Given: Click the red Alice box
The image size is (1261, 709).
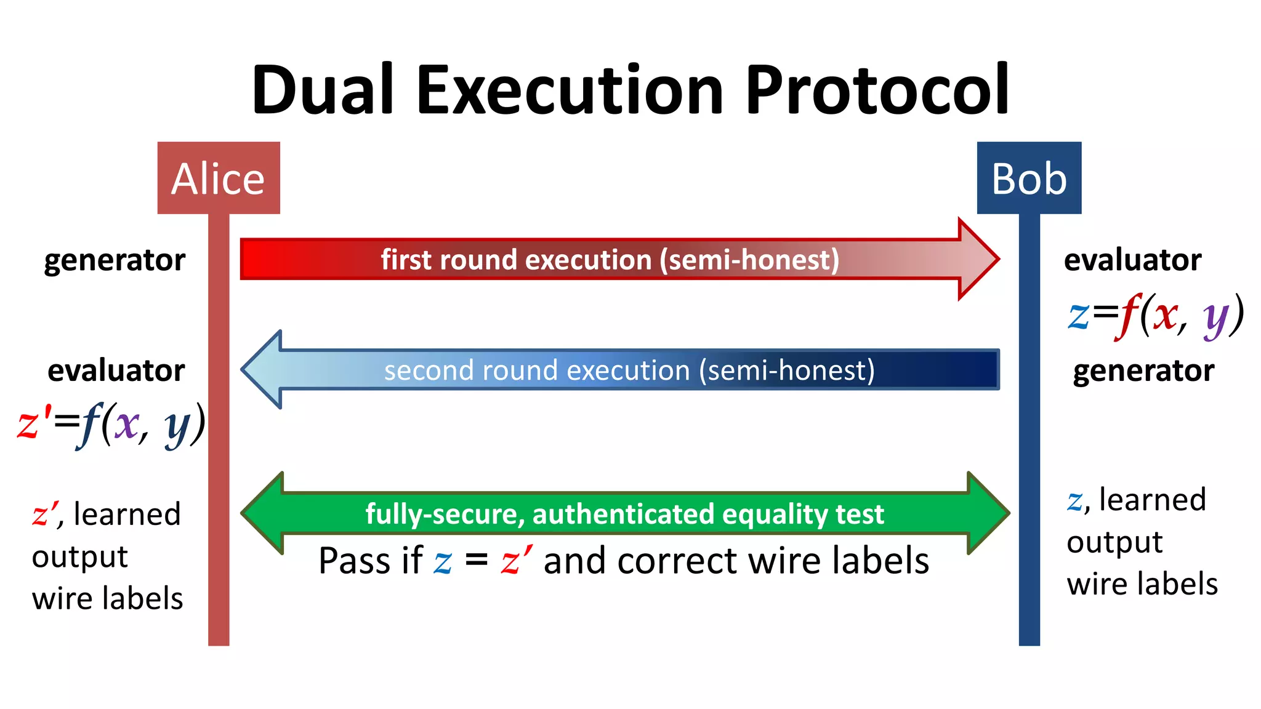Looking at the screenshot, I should pos(219,178).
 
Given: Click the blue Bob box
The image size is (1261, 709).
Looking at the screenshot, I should pos(1029,178).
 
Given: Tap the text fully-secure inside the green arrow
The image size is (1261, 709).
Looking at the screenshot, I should pos(443,514).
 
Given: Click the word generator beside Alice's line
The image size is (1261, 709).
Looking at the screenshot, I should pos(115,260).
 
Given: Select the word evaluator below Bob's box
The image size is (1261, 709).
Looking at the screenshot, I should pos(1132,260).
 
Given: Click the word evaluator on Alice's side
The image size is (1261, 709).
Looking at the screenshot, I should pos(116,371).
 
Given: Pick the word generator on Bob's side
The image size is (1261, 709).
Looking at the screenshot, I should pos(1143,371).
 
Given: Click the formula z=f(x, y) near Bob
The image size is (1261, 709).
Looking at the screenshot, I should pos(1155,316).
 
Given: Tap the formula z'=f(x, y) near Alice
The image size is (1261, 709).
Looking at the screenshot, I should pos(111,425).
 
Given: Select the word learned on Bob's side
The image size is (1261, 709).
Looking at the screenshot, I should pos(1152,499).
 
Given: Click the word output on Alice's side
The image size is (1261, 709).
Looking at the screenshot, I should pos(79,557).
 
